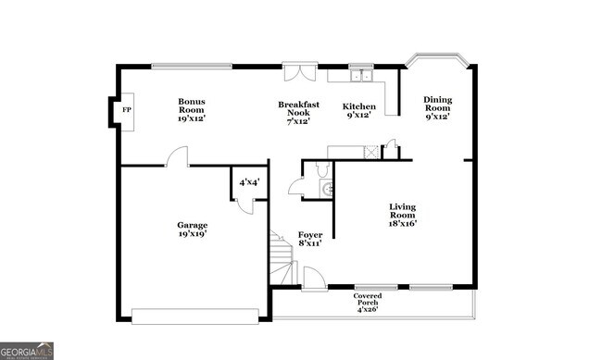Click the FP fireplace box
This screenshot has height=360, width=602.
click(x=120, y=111)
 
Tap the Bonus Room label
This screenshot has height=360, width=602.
click(x=192, y=109)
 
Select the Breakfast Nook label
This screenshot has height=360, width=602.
click(x=298, y=112)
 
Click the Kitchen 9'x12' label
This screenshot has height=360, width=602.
click(x=358, y=110)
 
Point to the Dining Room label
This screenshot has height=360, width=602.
click(x=437, y=107)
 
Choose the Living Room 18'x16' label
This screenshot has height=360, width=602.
click(x=402, y=215)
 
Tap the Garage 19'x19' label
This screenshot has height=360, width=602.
click(x=192, y=229)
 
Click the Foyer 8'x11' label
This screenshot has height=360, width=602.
click(x=309, y=239)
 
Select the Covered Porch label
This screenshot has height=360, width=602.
click(x=368, y=303)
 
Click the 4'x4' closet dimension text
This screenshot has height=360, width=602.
click(x=248, y=182)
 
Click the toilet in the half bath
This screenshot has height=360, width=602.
click(x=320, y=169)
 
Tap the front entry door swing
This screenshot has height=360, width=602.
click(x=314, y=279)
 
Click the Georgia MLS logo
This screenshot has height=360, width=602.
click(x=27, y=351)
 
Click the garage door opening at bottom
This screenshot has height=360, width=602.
click(x=195, y=317)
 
